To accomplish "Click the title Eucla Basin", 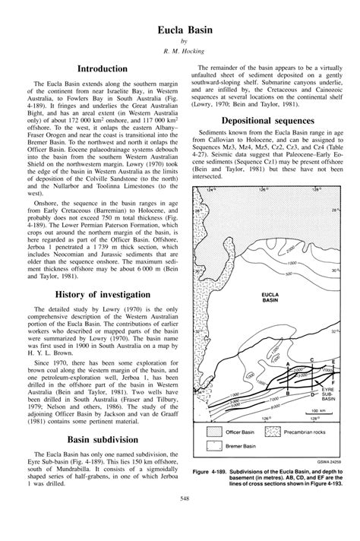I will [x=179, y=28].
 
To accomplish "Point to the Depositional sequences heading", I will [x=267, y=121].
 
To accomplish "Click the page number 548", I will [x=180, y=519].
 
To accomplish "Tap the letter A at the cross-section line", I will [x=287, y=365].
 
